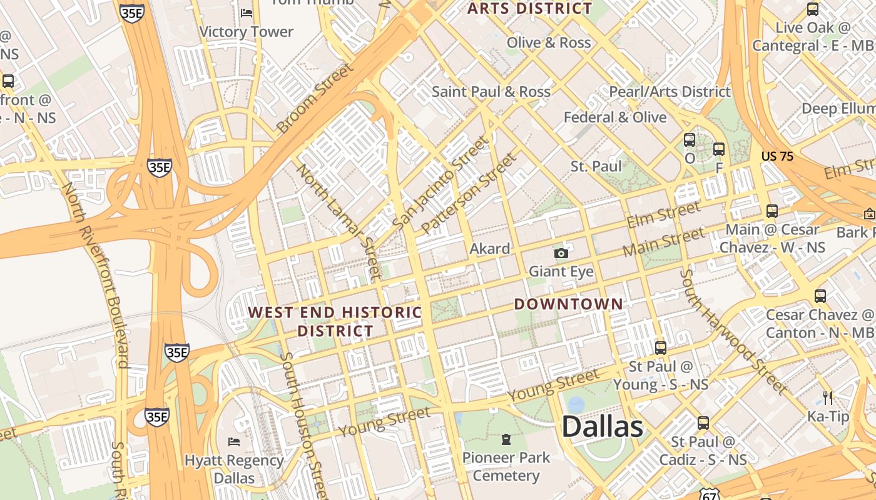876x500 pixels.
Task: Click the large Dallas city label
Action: pos(602,427)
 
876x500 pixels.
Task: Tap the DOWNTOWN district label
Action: pos(568,304)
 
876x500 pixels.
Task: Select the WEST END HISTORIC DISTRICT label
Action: pos(335,321)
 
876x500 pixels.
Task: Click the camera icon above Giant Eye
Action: pos(561,253)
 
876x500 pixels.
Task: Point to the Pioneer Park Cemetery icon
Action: pos(506,439)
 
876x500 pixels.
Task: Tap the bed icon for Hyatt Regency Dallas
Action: pos(234,442)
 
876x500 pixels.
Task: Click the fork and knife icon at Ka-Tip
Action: pos(828,397)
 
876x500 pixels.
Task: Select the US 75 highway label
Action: pos(777,156)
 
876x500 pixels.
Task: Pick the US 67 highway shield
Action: pos(710,493)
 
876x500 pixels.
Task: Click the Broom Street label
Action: pos(315,98)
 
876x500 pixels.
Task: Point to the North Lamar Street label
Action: pos(339,221)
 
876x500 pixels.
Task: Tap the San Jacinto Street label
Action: pos(439,182)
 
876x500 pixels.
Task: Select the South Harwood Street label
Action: pos(733,331)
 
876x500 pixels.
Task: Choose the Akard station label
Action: pos(489,249)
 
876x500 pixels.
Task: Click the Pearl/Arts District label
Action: pos(670,91)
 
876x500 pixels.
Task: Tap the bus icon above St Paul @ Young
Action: pos(660,348)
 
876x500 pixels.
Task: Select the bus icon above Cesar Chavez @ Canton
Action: pos(820,296)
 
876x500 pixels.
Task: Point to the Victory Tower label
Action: pos(246,31)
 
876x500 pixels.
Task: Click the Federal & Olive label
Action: pos(614,117)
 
